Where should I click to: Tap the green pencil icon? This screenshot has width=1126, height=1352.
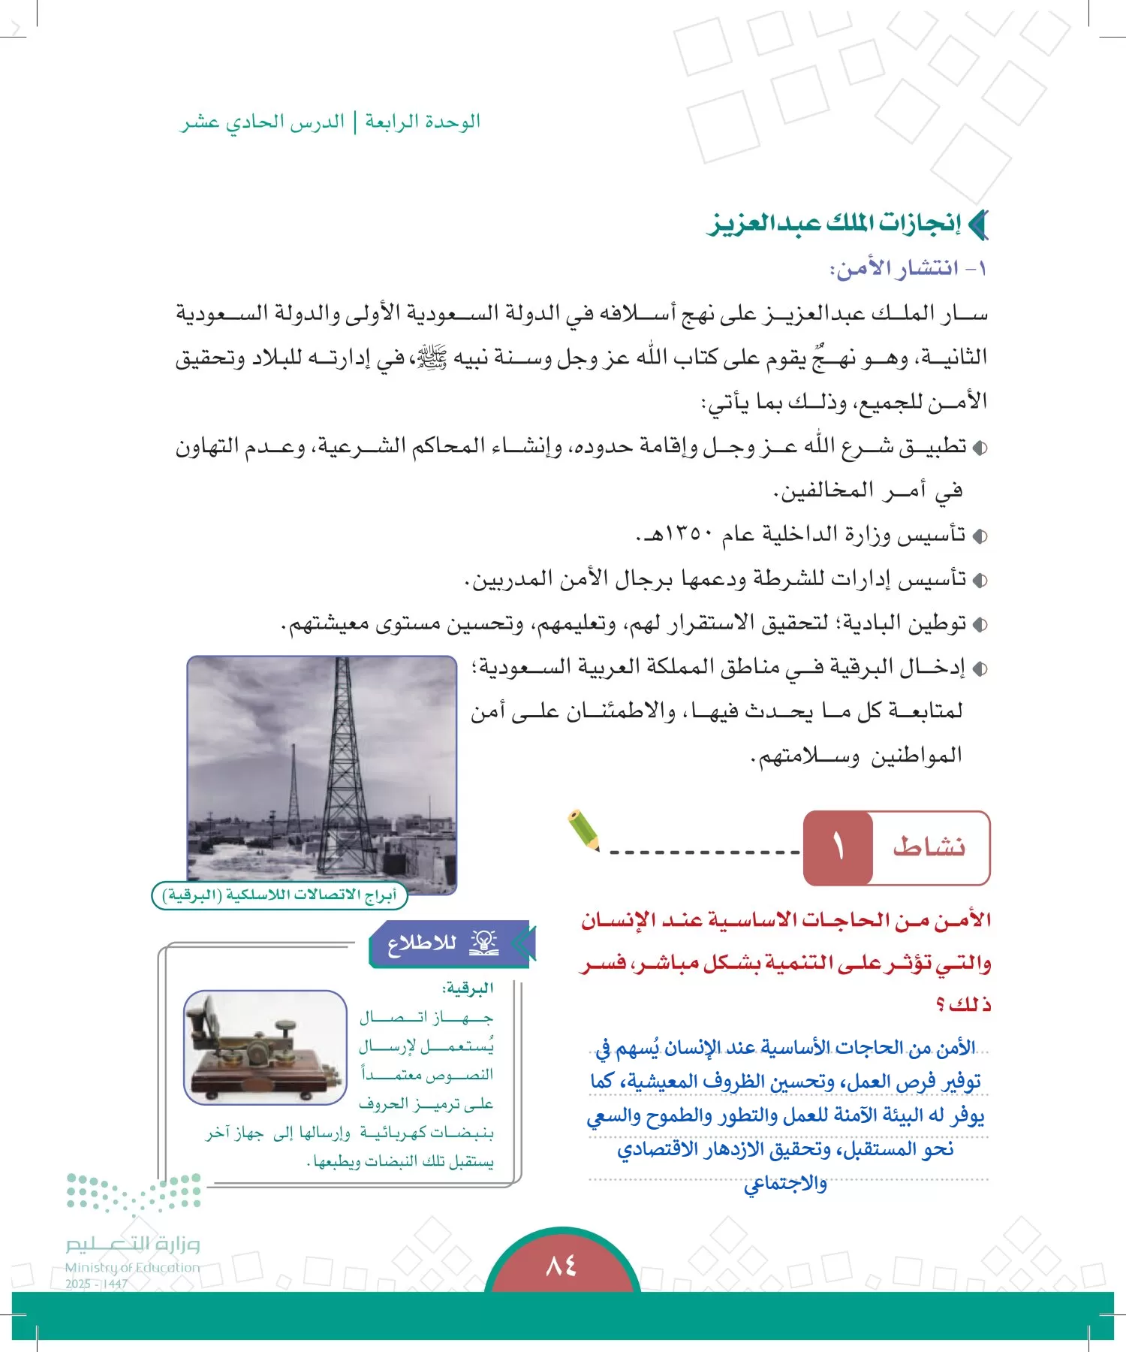(x=584, y=829)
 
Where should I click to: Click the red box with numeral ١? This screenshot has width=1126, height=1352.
(x=838, y=848)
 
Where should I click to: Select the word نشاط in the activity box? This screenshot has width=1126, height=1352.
(x=929, y=847)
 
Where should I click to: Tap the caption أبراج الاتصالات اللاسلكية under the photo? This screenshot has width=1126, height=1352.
(x=279, y=895)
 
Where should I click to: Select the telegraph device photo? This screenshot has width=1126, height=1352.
(x=265, y=1047)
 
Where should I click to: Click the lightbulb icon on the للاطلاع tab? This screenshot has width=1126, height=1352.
(x=484, y=943)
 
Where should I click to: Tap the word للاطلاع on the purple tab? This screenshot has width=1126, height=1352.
(x=422, y=943)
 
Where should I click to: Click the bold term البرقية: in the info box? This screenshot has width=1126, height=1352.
(x=468, y=988)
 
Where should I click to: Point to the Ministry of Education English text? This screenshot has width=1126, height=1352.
(x=132, y=1268)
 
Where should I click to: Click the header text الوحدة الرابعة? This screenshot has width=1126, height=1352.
(x=423, y=122)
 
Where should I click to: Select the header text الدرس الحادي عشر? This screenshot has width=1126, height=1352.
(x=263, y=122)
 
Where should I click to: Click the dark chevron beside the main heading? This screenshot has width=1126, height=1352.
(x=978, y=225)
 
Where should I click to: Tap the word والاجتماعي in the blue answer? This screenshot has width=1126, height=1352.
(x=785, y=1185)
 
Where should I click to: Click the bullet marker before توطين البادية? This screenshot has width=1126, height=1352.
(x=979, y=625)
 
